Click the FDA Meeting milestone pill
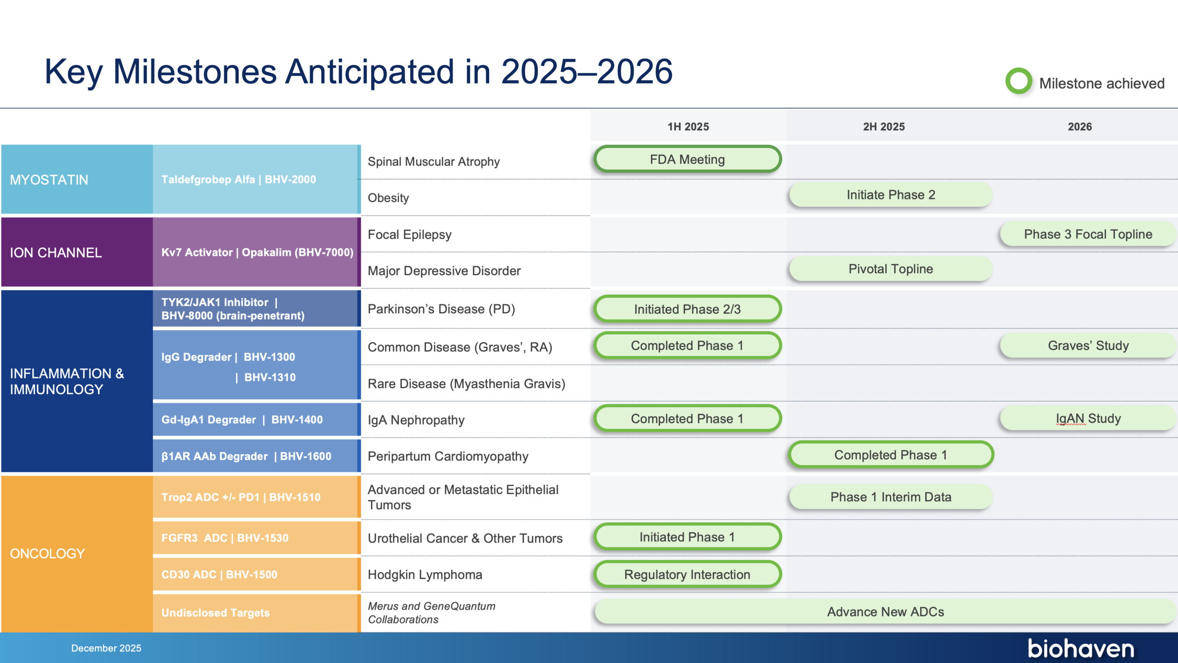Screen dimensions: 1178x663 [x=687, y=159]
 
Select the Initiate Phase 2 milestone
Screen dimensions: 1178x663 [x=891, y=195]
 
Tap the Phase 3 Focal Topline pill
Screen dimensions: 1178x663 [x=1088, y=234]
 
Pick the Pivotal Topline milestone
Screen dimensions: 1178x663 [x=891, y=269]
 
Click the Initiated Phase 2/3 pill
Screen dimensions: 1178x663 [x=687, y=309]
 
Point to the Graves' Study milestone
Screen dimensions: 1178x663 [x=1088, y=345]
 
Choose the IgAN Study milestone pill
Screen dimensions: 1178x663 [x=1088, y=418]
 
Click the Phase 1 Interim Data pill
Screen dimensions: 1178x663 [x=891, y=497]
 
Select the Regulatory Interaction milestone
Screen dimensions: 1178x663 [x=687, y=574]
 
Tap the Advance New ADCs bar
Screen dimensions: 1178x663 [x=885, y=611]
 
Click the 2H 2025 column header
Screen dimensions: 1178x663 [x=884, y=127]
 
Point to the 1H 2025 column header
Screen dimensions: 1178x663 [x=688, y=127]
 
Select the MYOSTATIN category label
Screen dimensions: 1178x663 [x=49, y=180]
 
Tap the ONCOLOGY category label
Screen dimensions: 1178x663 [x=48, y=553]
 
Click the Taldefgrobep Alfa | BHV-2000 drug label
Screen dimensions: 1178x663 [x=239, y=180]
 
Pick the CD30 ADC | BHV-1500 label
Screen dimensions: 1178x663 [x=219, y=575]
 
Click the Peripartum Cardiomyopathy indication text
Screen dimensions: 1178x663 [x=448, y=456]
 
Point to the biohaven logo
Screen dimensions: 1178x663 [x=1081, y=648]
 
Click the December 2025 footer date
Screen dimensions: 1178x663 [x=106, y=648]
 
